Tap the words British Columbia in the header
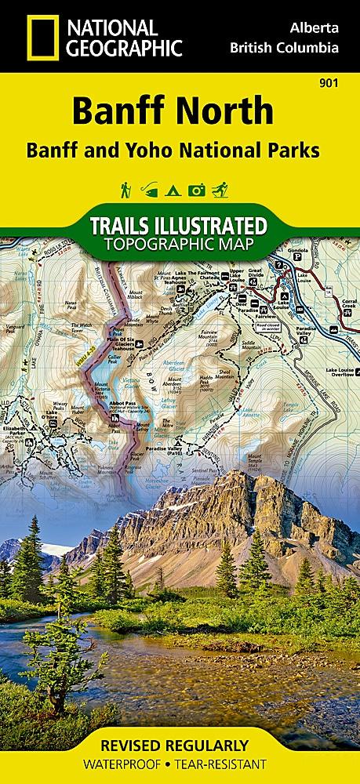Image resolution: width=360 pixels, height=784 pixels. (x=285, y=47)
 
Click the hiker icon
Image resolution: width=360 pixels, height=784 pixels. (x=125, y=189)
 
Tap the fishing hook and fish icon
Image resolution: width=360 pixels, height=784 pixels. (x=146, y=189)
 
